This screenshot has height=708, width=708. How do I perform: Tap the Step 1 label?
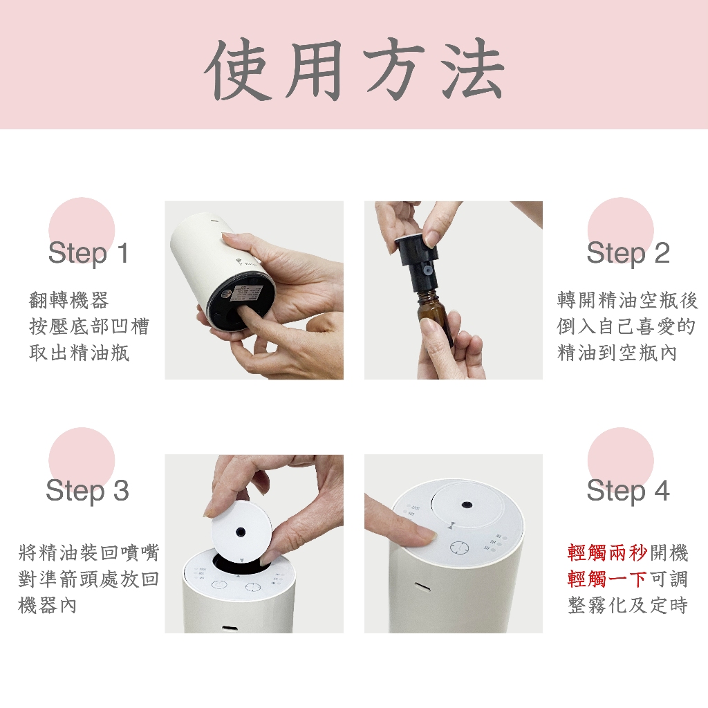click(88, 253)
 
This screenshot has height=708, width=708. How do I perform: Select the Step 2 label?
click(628, 253)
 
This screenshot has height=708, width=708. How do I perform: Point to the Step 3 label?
click(88, 491)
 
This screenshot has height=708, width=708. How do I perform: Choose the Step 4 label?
click(628, 491)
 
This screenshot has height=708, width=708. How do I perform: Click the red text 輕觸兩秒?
click(607, 552)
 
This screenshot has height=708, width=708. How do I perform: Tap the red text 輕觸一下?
click(607, 579)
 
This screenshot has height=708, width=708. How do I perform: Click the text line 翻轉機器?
click(69, 300)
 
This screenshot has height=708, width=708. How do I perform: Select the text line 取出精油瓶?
click(79, 353)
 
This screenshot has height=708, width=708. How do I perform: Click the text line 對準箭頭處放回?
click(88, 579)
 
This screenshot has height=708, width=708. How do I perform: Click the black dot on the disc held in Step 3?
click(241, 532)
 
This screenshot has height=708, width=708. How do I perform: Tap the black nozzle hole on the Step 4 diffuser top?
click(467, 504)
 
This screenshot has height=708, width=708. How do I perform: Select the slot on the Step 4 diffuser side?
click(422, 587)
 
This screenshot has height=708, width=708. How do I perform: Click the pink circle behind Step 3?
click(82, 460)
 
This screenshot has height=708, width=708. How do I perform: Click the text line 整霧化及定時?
click(628, 606)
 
